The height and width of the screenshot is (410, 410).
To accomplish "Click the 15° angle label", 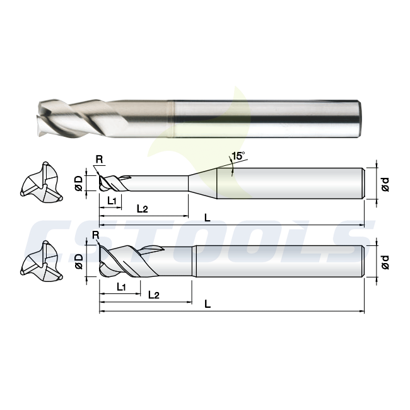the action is [238, 156].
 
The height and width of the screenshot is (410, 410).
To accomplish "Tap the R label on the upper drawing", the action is [100, 159].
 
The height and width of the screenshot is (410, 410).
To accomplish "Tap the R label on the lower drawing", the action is [96, 235].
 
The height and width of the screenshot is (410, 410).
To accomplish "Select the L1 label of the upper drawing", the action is [112, 201].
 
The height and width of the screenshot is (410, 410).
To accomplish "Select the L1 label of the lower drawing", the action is [121, 287].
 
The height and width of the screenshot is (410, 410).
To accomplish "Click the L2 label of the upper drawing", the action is [143, 209].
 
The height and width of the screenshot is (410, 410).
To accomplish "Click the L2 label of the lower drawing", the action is [154, 295].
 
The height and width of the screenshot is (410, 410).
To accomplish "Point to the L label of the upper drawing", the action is [208, 218].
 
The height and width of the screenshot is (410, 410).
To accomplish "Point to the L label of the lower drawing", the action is [208, 304].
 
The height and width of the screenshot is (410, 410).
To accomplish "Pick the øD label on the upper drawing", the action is [79, 184].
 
